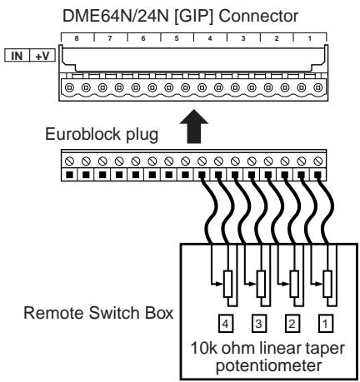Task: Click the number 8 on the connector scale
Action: (x=77, y=38)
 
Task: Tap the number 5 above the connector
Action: (x=177, y=38)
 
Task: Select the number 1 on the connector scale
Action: (x=310, y=38)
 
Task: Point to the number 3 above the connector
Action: (x=243, y=38)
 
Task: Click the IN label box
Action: (x=17, y=56)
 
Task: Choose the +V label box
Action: (x=42, y=56)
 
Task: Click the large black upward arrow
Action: (x=194, y=127)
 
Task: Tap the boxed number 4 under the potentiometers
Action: (x=225, y=324)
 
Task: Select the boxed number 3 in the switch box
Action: (x=258, y=324)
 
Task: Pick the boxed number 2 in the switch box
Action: (x=292, y=324)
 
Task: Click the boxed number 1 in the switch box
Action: (x=325, y=324)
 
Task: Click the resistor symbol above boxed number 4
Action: (x=227, y=284)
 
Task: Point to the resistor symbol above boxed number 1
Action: (x=327, y=284)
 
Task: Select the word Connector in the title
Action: (x=258, y=17)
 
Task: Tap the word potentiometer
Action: (x=269, y=366)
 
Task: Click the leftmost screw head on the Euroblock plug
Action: (x=69, y=161)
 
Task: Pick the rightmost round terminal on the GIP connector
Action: (x=317, y=87)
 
